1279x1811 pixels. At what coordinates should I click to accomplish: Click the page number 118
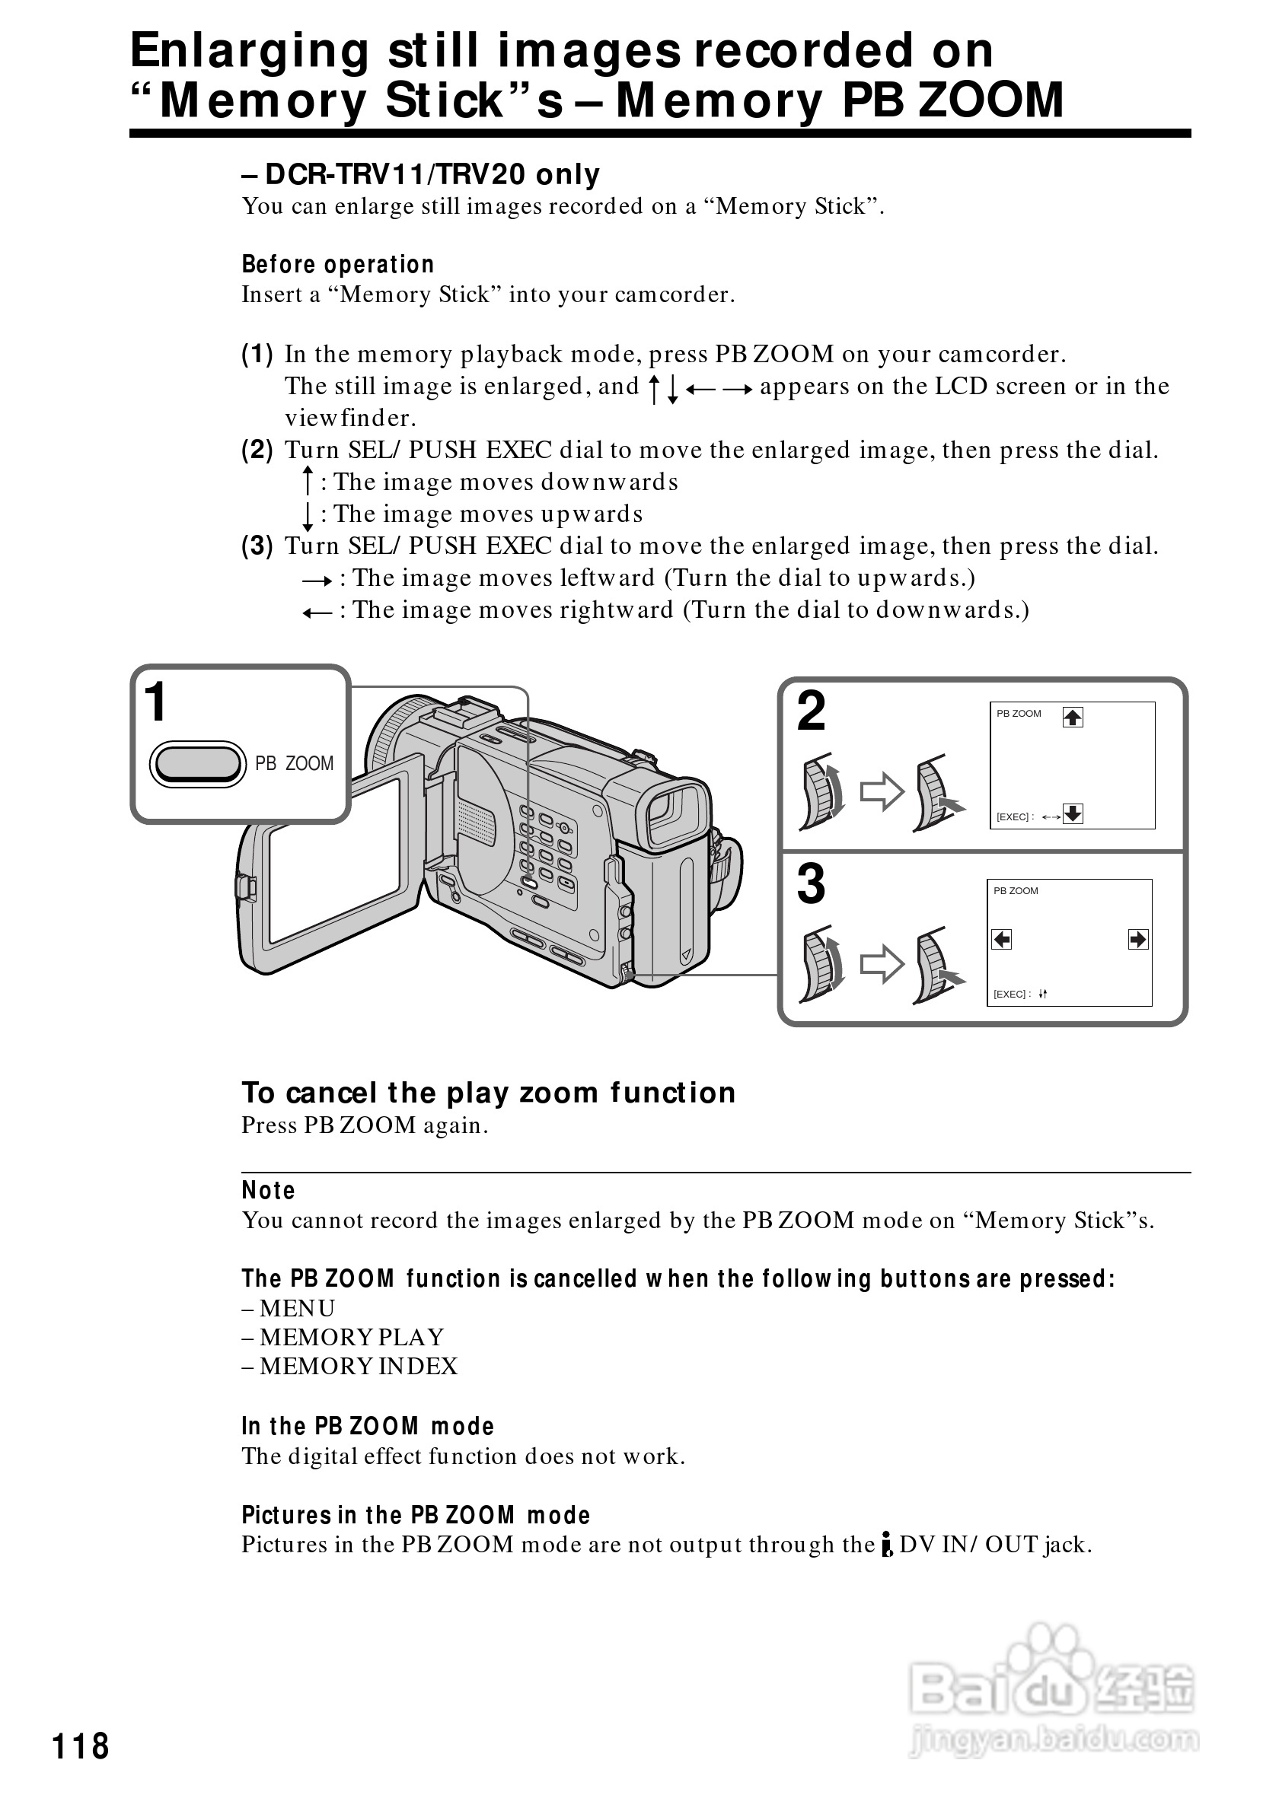(x=81, y=1746)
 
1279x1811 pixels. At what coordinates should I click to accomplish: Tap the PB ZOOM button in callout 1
(x=198, y=763)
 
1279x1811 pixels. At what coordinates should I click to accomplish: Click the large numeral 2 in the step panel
(x=811, y=711)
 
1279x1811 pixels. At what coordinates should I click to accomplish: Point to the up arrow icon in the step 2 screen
(x=1072, y=717)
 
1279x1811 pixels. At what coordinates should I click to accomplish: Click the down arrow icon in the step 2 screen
(x=1072, y=813)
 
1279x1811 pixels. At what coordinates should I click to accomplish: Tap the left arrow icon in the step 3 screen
(x=1001, y=940)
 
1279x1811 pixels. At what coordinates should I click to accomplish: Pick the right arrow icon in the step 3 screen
(x=1137, y=940)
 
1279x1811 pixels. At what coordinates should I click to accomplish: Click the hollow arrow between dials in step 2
(x=882, y=791)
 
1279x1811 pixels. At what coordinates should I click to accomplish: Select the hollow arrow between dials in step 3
(x=882, y=963)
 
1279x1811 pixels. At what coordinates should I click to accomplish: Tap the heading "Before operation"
(x=338, y=264)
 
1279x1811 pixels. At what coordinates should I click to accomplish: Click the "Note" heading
(x=268, y=1190)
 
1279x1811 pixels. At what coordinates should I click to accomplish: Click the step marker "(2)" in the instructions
(x=257, y=450)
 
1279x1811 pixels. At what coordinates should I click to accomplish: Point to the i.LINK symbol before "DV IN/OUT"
(x=888, y=1545)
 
